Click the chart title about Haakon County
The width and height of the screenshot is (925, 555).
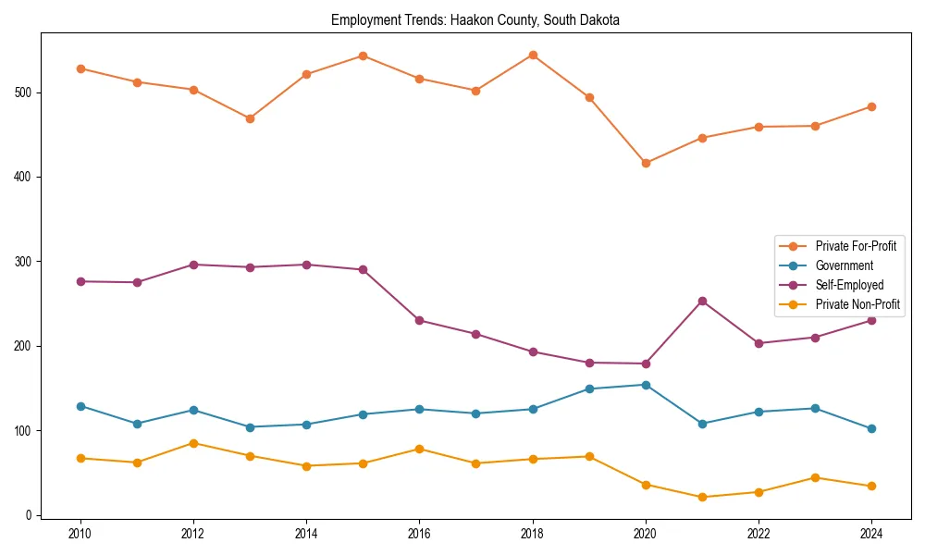click(475, 19)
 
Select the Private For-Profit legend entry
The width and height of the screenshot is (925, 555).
click(855, 246)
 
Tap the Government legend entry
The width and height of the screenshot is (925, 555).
click(844, 265)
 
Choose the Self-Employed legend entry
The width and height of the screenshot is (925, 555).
click(849, 285)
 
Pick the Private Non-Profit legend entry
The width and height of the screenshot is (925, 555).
click(857, 304)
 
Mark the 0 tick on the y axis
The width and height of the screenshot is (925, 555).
click(30, 515)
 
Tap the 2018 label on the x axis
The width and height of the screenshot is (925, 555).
click(532, 534)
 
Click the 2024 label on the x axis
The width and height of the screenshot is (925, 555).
click(870, 534)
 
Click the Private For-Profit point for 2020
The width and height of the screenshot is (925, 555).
click(646, 163)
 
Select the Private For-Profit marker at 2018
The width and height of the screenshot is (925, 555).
click(533, 55)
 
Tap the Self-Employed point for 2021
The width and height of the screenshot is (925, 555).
click(702, 301)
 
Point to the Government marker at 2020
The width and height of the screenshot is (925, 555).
click(646, 385)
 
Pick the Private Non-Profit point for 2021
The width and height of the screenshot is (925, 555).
click(702, 497)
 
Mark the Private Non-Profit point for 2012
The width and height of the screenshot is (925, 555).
click(193, 443)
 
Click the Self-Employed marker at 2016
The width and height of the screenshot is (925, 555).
click(419, 320)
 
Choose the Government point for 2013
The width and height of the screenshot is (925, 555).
click(250, 427)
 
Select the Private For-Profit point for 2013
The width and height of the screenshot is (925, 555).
click(250, 118)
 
